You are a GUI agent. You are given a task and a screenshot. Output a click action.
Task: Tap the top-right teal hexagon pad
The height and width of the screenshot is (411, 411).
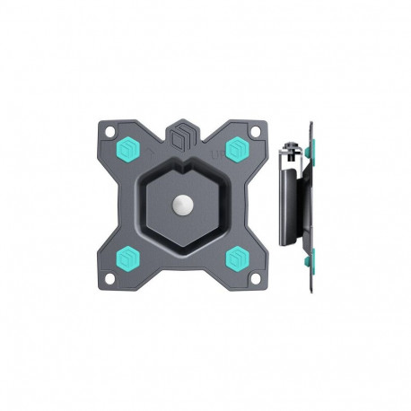coord(238,148)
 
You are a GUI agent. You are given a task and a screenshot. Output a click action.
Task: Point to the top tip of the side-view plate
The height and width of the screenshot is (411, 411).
coord(310,122)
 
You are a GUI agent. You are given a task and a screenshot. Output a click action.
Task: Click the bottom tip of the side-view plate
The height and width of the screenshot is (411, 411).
coord(310,285)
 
